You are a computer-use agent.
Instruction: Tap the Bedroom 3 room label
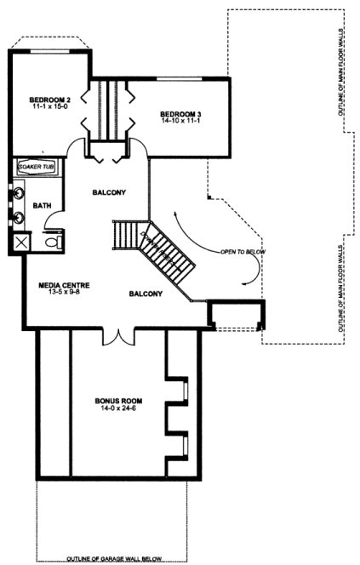(x=180, y=113)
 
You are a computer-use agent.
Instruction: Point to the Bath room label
(x=42, y=206)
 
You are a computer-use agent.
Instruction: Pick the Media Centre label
(x=58, y=285)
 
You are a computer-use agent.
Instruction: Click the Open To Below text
(x=242, y=253)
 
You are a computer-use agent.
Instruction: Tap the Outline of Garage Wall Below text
(x=115, y=559)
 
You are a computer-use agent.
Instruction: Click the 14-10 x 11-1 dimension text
(x=180, y=122)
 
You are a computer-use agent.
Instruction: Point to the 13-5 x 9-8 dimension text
(x=58, y=294)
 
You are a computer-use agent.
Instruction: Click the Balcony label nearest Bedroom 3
(x=109, y=192)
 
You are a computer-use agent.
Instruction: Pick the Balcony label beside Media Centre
(x=146, y=294)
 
